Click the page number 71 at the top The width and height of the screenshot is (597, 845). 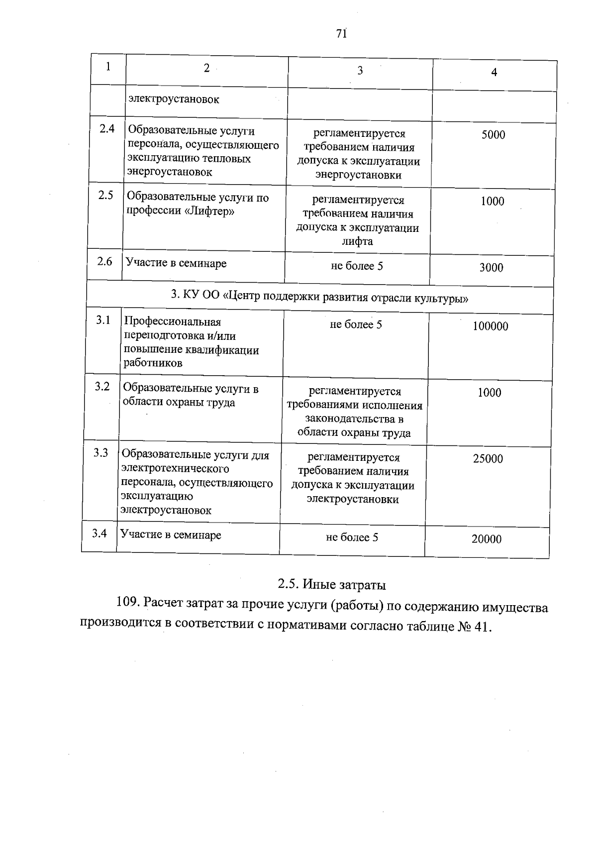point(341,33)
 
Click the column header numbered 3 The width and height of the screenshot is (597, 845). point(360,71)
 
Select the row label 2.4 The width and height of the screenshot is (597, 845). point(107,129)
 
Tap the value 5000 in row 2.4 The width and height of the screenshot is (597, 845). point(493,135)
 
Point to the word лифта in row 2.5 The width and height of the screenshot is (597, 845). point(357,242)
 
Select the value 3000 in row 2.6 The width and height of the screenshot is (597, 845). point(491,268)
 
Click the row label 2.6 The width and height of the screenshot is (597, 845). point(104,261)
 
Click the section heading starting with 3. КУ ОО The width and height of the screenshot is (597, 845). point(319,298)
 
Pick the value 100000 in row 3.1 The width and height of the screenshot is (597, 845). point(490,326)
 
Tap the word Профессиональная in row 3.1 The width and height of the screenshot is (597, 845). point(172,322)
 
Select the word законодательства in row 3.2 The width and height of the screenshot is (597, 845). point(354,419)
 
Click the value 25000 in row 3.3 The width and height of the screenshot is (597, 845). point(488,459)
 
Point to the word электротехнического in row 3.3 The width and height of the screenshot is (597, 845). point(175,469)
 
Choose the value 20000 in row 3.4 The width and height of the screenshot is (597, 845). point(486,539)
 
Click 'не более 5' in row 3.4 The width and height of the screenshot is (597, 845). point(352,537)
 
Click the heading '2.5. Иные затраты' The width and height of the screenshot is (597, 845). point(332,584)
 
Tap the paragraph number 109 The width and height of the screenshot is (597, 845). point(126,603)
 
